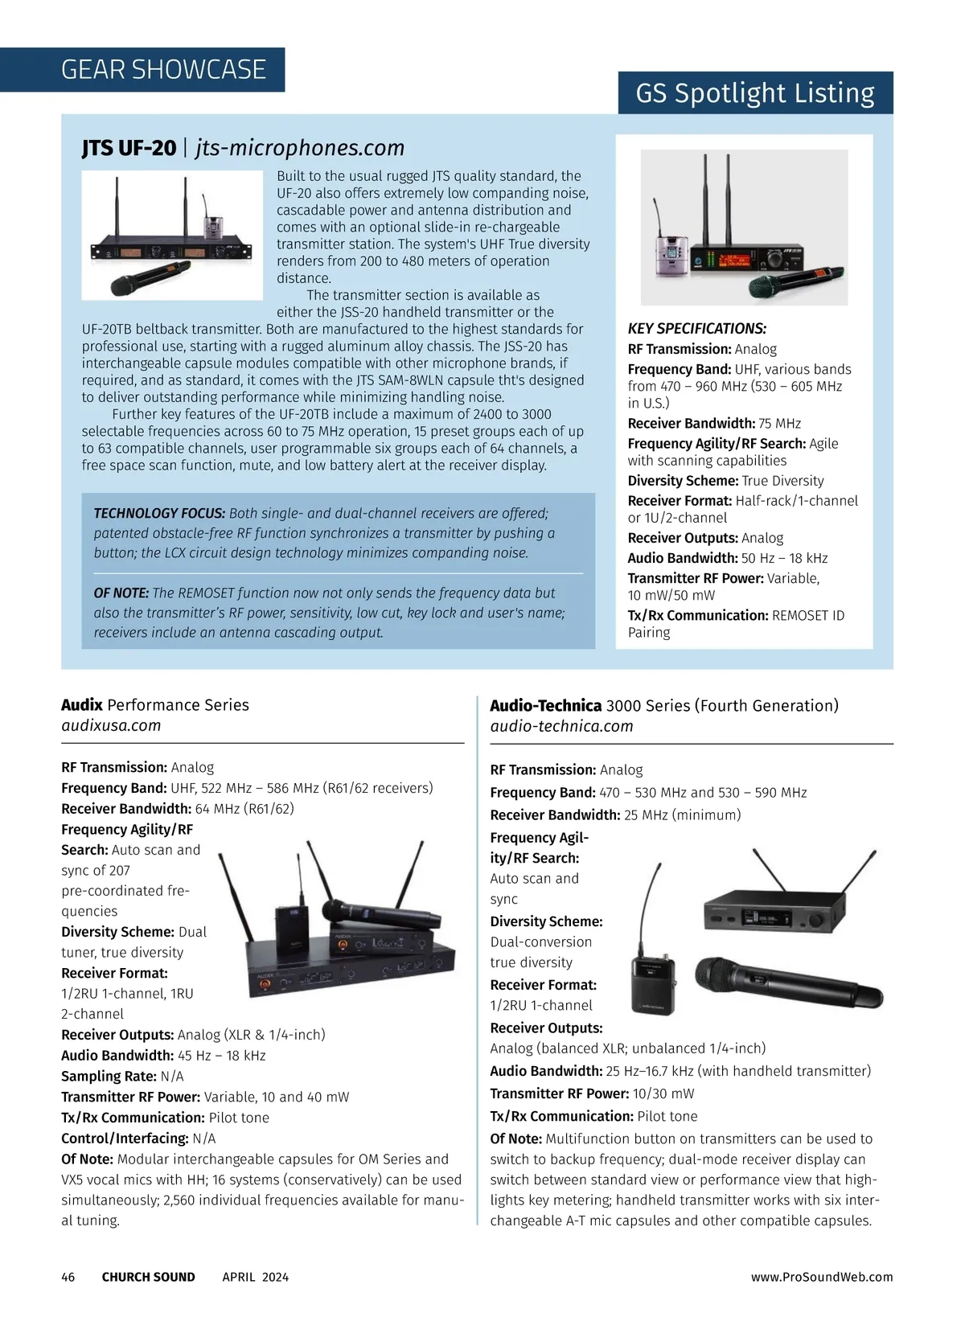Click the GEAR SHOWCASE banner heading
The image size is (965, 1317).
tap(163, 70)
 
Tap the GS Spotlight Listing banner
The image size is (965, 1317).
tap(754, 93)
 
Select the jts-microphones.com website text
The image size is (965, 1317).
tap(300, 148)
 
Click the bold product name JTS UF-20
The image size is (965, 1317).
tap(129, 148)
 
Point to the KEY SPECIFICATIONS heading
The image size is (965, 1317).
tap(696, 328)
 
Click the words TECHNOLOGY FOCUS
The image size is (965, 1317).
tap(159, 513)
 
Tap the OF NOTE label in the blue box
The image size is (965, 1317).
tap(121, 593)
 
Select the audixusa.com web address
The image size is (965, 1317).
tap(111, 725)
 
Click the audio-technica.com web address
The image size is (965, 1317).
tap(561, 726)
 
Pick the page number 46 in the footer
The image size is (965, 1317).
tap(68, 1277)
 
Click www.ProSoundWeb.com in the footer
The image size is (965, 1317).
tap(822, 1277)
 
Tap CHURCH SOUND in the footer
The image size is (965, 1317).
tap(148, 1277)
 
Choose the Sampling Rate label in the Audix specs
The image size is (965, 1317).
tap(109, 1076)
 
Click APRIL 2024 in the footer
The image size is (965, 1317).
tap(255, 1277)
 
